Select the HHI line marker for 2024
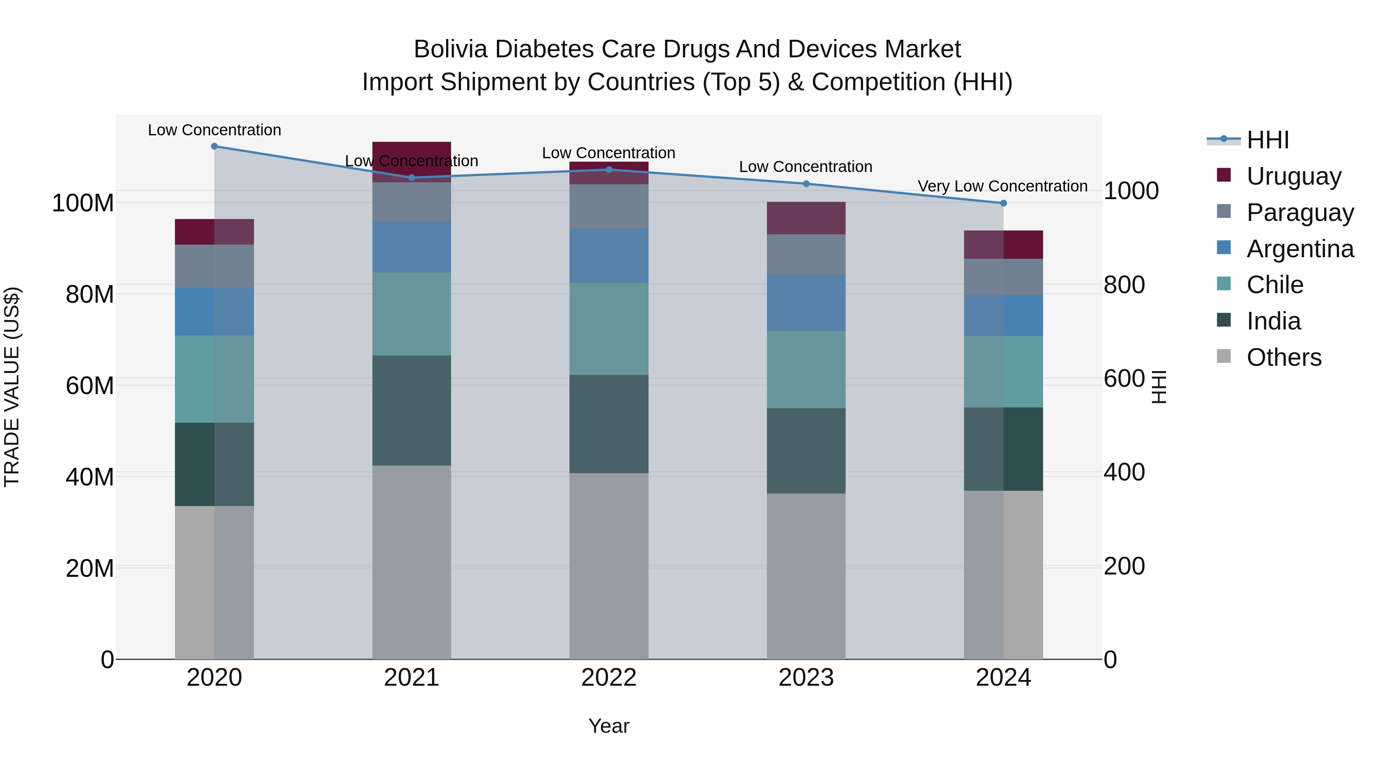point(1003,203)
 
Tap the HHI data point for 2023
point(806,184)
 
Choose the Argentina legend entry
point(1300,249)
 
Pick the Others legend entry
point(1284,357)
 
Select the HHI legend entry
point(1268,140)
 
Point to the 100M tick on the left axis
point(83,203)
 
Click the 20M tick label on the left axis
point(89,568)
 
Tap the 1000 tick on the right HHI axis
point(1131,191)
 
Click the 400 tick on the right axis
point(1124,472)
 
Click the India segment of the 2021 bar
point(411,410)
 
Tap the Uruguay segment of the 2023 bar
point(806,218)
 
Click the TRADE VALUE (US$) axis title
point(12,387)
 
